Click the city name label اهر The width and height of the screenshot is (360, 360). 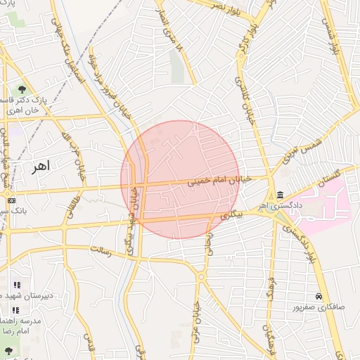39,168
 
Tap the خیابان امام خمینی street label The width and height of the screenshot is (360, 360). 219,181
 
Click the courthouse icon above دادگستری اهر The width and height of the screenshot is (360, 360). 280,194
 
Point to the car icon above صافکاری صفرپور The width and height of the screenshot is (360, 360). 319,297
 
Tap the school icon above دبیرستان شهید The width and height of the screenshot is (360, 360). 16,285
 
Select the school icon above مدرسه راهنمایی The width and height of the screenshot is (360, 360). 16,310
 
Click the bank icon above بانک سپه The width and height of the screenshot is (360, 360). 11,200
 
